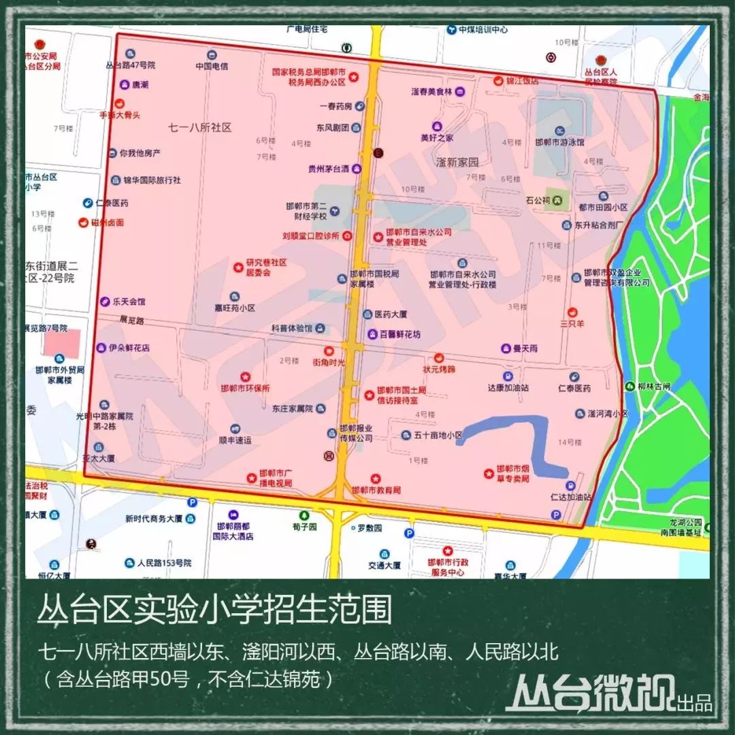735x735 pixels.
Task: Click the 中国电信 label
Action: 211,67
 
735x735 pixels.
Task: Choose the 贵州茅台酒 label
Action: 328,169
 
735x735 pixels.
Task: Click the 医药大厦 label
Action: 391,314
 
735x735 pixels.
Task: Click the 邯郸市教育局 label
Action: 376,490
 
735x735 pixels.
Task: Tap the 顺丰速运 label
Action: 235,440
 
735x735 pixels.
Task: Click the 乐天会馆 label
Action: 129,301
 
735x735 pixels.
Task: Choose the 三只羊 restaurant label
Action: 572,324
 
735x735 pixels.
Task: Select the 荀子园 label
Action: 304,527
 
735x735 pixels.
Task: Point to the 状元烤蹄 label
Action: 439,369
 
